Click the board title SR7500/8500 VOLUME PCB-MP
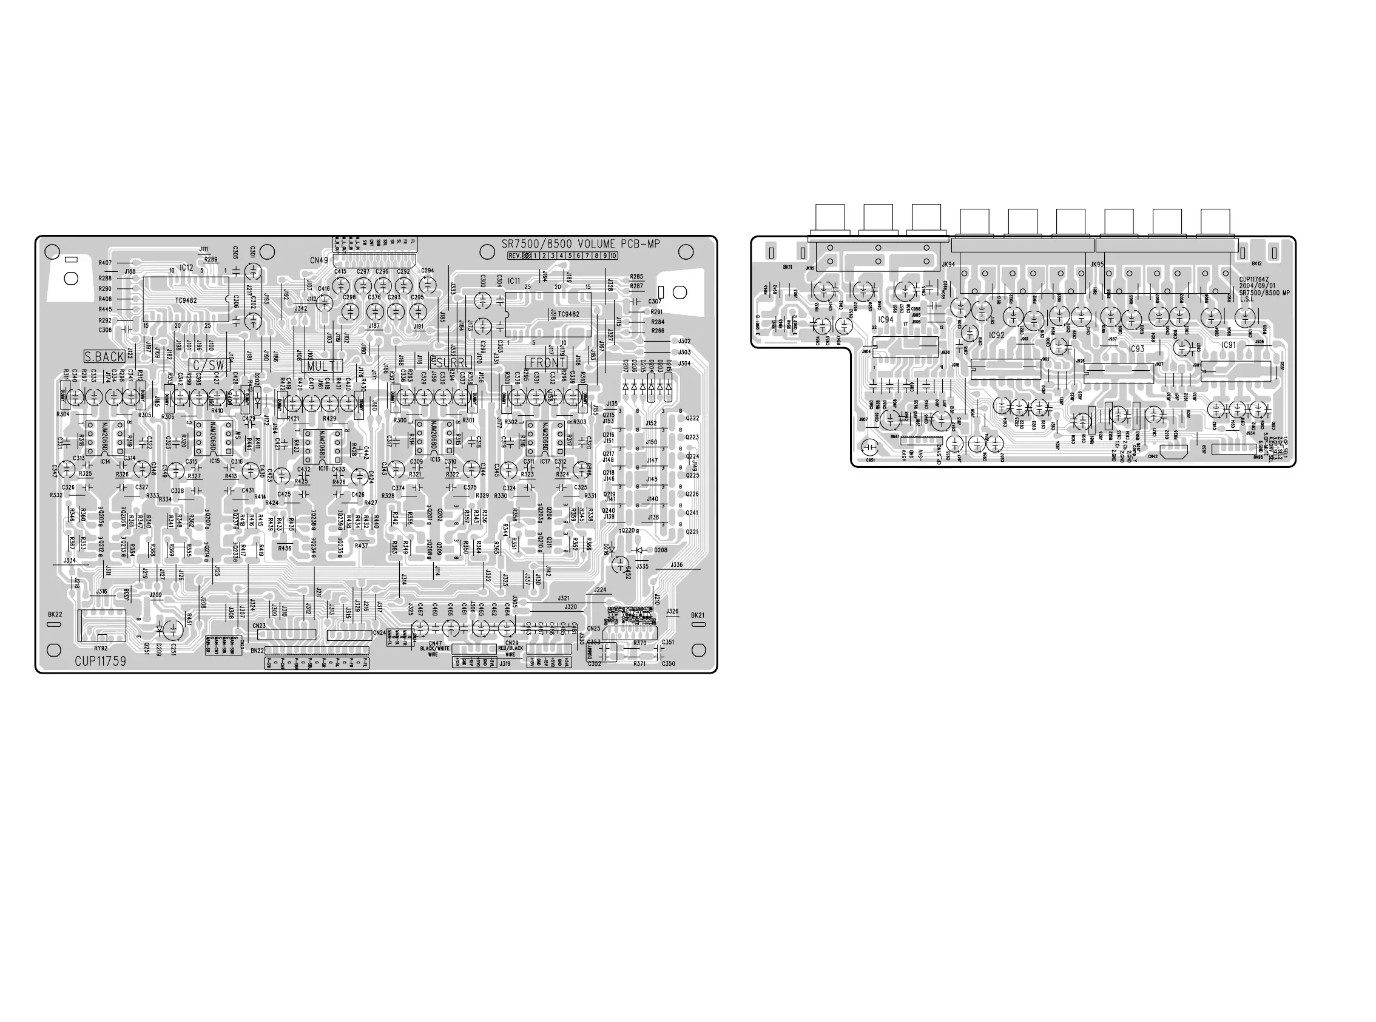click(580, 244)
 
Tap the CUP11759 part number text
click(100, 662)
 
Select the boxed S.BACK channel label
click(104, 357)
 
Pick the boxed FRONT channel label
click(547, 362)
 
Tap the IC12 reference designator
click(186, 268)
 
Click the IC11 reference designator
click(513, 281)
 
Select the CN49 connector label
click(319, 260)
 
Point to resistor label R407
click(105, 263)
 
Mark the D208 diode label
click(661, 550)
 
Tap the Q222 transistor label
click(692, 418)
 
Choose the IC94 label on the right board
click(886, 320)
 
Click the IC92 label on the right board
click(996, 335)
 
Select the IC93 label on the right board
click(1136, 349)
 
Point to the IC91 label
click(1228, 345)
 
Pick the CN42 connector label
click(1152, 456)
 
